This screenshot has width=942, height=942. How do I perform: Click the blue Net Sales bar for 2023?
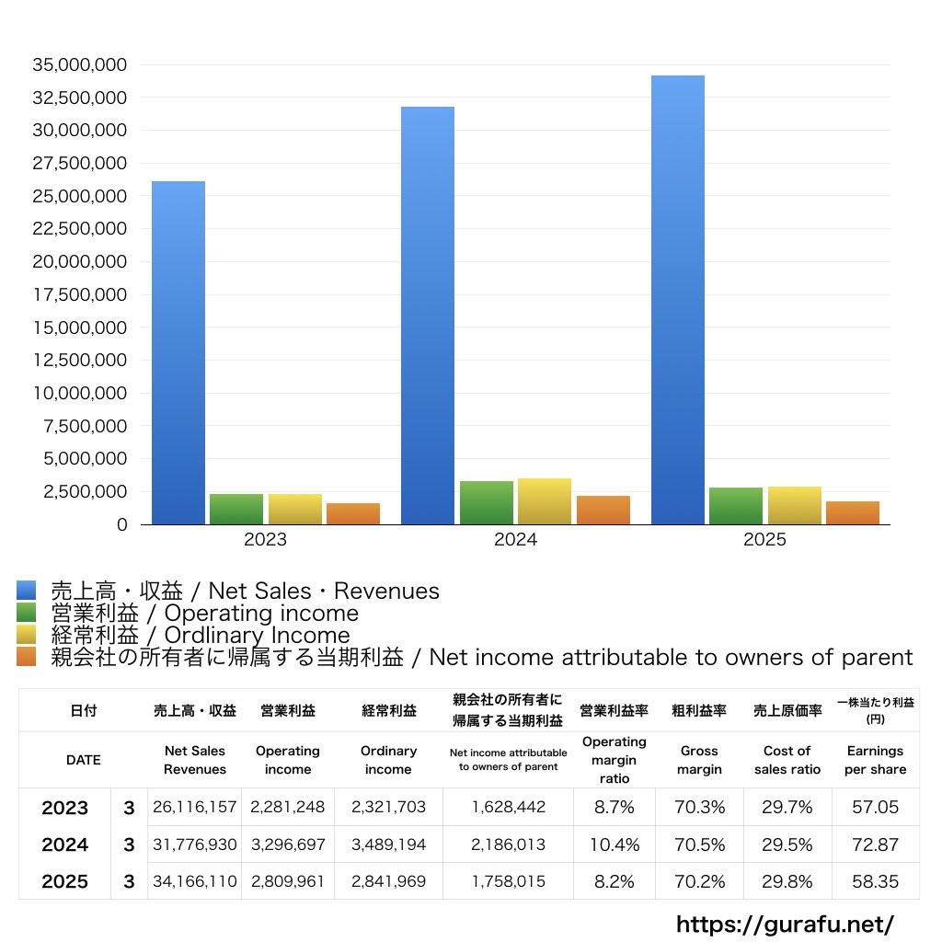[x=178, y=353]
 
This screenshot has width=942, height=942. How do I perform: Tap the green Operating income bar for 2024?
[x=487, y=502]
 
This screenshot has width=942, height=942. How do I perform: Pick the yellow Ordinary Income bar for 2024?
[x=545, y=501]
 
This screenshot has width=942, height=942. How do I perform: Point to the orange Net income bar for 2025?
[x=853, y=513]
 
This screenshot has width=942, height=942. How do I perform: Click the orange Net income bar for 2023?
[x=353, y=513]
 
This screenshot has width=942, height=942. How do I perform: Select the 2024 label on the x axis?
[x=515, y=540]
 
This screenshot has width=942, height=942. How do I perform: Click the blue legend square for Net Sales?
[x=27, y=591]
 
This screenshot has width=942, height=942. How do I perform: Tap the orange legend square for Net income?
[x=27, y=657]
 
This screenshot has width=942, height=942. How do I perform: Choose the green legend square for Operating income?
[x=27, y=613]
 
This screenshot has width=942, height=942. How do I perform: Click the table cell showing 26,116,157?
[x=195, y=808]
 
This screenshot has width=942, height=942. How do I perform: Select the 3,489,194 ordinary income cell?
[x=388, y=844]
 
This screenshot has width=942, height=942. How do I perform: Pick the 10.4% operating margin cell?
[x=615, y=844]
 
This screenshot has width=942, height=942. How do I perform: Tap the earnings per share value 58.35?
[x=875, y=881]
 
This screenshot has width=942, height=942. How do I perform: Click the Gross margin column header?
[x=700, y=760]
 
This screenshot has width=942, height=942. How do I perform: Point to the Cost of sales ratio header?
[x=787, y=760]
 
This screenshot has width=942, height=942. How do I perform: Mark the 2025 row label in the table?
[x=65, y=882]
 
